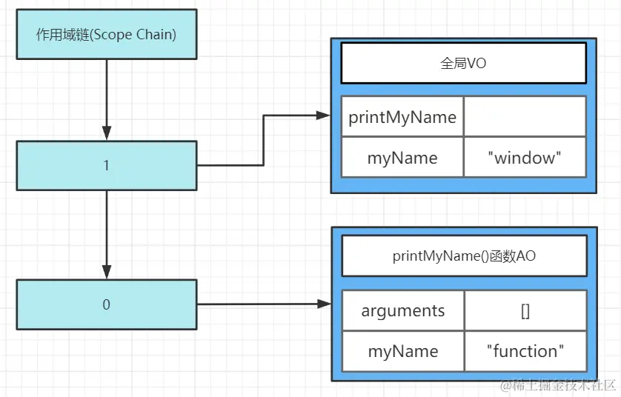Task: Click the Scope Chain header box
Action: tap(107, 34)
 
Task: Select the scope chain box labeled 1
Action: tap(107, 165)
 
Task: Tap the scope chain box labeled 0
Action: tap(107, 304)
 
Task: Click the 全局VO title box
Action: tap(463, 64)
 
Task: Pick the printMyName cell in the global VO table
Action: tap(402, 117)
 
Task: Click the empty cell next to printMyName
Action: tap(525, 117)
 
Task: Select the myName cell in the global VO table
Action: tap(402, 158)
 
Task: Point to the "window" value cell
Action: tap(525, 158)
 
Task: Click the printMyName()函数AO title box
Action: tap(464, 256)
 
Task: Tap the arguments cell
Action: tap(403, 311)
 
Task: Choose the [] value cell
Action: tap(525, 311)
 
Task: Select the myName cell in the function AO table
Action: tap(403, 352)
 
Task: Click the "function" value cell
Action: tap(525, 352)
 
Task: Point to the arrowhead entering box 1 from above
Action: tap(107, 133)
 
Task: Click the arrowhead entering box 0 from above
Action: tap(107, 272)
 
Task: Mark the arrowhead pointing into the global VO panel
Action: tap(324, 116)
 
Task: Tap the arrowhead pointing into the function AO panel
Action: tap(325, 304)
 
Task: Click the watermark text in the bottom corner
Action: tap(559, 385)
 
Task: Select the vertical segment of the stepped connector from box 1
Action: tap(263, 141)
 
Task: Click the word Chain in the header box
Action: tap(156, 34)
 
